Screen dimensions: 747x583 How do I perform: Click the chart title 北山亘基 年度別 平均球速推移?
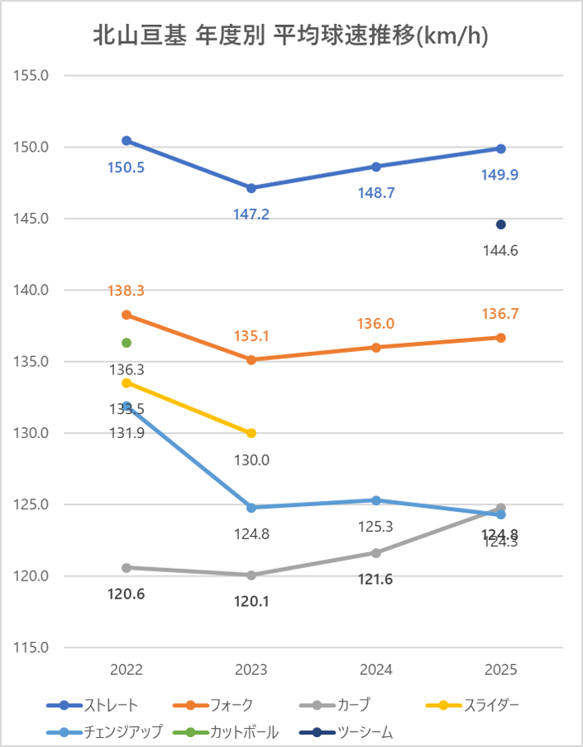(290, 36)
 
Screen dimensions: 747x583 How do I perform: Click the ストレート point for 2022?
(127, 141)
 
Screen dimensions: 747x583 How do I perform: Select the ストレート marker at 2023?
(251, 188)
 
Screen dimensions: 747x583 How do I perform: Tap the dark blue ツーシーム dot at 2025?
(500, 224)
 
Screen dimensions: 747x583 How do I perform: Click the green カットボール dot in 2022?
(127, 343)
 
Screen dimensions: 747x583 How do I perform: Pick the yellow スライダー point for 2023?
(251, 433)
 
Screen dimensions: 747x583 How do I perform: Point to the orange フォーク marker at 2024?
(376, 348)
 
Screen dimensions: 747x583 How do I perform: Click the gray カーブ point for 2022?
(127, 567)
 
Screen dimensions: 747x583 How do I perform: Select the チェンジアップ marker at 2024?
(376, 500)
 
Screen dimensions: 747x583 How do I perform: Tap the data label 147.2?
(251, 214)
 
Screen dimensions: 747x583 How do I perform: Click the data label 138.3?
(127, 291)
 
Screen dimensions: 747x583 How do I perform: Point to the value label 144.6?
(500, 251)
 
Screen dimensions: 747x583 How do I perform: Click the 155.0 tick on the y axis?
(33, 75)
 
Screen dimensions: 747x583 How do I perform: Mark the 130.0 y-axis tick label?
(33, 433)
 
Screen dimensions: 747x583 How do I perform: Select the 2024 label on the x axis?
(376, 670)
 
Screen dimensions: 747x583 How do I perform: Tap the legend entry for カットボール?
(244, 732)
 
